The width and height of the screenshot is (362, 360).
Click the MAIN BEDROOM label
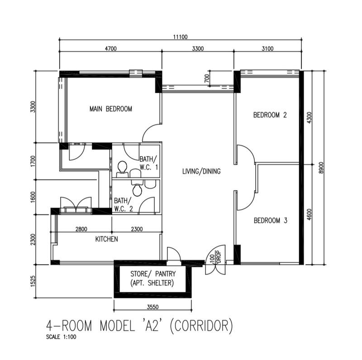point(110,109)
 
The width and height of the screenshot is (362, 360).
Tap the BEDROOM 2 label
point(270,115)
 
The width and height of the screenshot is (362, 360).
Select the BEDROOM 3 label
point(270,221)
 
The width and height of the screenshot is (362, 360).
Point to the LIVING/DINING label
point(201,171)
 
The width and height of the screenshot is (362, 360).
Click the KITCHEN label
point(106,239)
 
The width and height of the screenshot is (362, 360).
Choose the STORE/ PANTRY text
point(153,274)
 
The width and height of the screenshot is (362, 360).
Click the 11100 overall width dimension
point(180,37)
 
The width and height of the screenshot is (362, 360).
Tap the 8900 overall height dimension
point(321,167)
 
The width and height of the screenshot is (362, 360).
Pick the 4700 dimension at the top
point(110,49)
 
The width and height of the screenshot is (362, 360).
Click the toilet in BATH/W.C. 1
point(121,169)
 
